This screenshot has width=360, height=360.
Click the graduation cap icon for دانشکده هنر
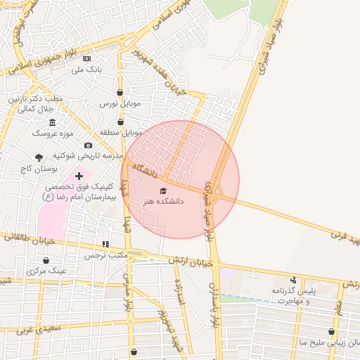pyautogui.click(x=163, y=191)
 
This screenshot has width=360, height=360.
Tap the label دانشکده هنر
pyautogui.click(x=163, y=201)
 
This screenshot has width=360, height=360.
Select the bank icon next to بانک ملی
pyautogui.click(x=86, y=59)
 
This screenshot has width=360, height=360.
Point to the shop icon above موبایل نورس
pyautogui.click(x=120, y=92)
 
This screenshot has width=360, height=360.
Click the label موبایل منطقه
pyautogui.click(x=123, y=131)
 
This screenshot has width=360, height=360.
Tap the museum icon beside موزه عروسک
pyautogui.click(x=53, y=122)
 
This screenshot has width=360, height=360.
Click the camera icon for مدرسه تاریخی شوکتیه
pyautogui.click(x=88, y=145)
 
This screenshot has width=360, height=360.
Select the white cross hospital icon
pyautogui.click(x=78, y=175)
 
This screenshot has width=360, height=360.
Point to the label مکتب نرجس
pyautogui.click(x=105, y=255)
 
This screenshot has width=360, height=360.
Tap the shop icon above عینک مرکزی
pyautogui.click(x=46, y=260)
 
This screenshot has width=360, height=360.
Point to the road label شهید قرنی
pyautogui.click(x=345, y=237)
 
